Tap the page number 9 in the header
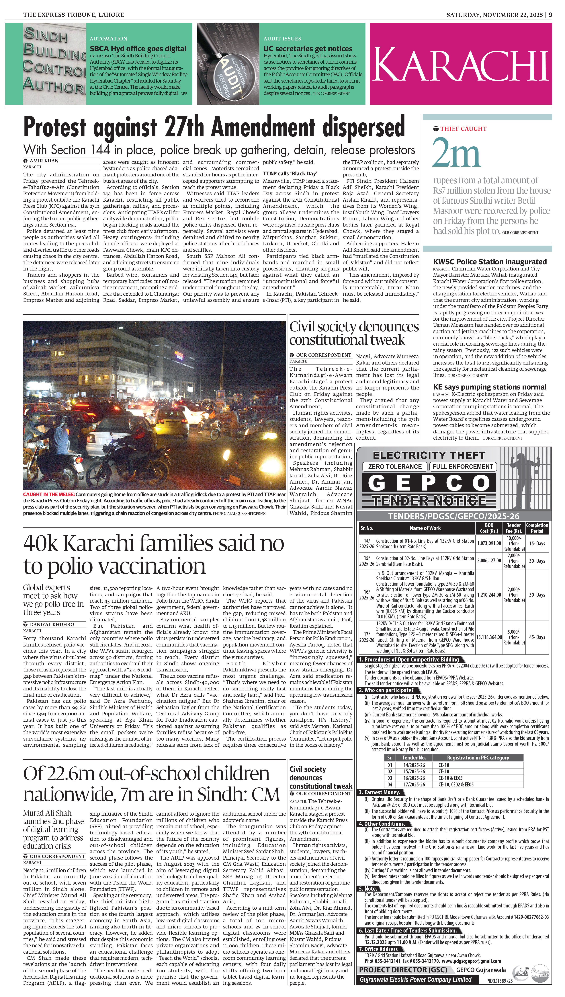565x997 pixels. click(x=550, y=15)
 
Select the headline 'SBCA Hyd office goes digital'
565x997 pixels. click(x=138, y=48)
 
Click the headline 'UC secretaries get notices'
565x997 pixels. click(x=308, y=48)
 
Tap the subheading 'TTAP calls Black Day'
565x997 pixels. click(x=290, y=174)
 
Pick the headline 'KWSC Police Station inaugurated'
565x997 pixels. click(x=490, y=262)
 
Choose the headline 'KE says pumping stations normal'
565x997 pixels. click(x=490, y=387)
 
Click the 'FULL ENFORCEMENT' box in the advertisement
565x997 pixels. click(x=463, y=466)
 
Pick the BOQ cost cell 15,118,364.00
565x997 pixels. click(x=488, y=637)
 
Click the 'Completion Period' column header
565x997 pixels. click(x=537, y=528)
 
